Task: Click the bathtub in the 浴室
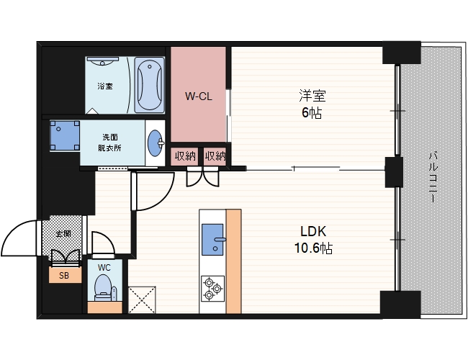pos(149,85)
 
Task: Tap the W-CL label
pos(199,96)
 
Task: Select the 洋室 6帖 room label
pos(312,104)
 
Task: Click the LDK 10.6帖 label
pos(313,240)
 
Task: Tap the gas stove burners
pos(213,289)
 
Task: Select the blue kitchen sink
pos(213,240)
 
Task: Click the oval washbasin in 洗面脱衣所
pos(156,143)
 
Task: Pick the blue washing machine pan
pos(65,135)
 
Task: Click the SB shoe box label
pos(64,276)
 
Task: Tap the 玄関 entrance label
pos(64,233)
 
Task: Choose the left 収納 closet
pos(185,156)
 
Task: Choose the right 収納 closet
pos(215,156)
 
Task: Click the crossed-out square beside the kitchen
pos(142,300)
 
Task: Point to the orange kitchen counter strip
pos(234,261)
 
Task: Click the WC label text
pos(104,268)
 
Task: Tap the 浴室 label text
pos(105,86)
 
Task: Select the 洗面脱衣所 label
pos(110,143)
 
